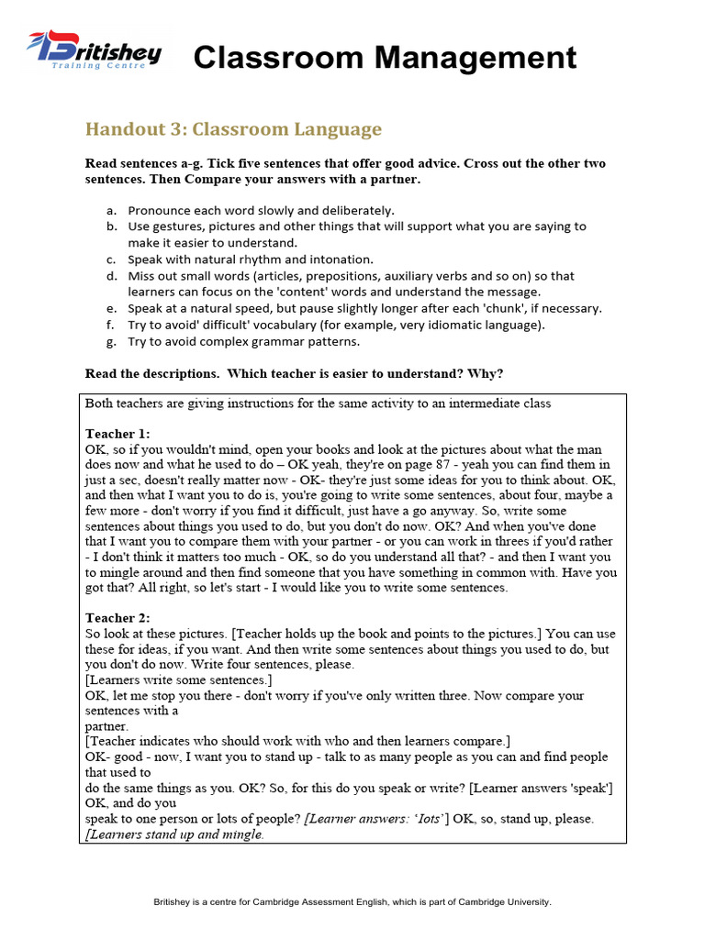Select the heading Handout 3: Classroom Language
pos(233,129)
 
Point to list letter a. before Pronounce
pos(111,210)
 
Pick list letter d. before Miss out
pos(111,276)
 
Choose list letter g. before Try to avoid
pos(111,342)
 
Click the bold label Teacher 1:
pos(117,434)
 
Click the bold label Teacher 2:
pos(117,619)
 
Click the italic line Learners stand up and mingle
pos(175,835)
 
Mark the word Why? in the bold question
pos(485,373)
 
